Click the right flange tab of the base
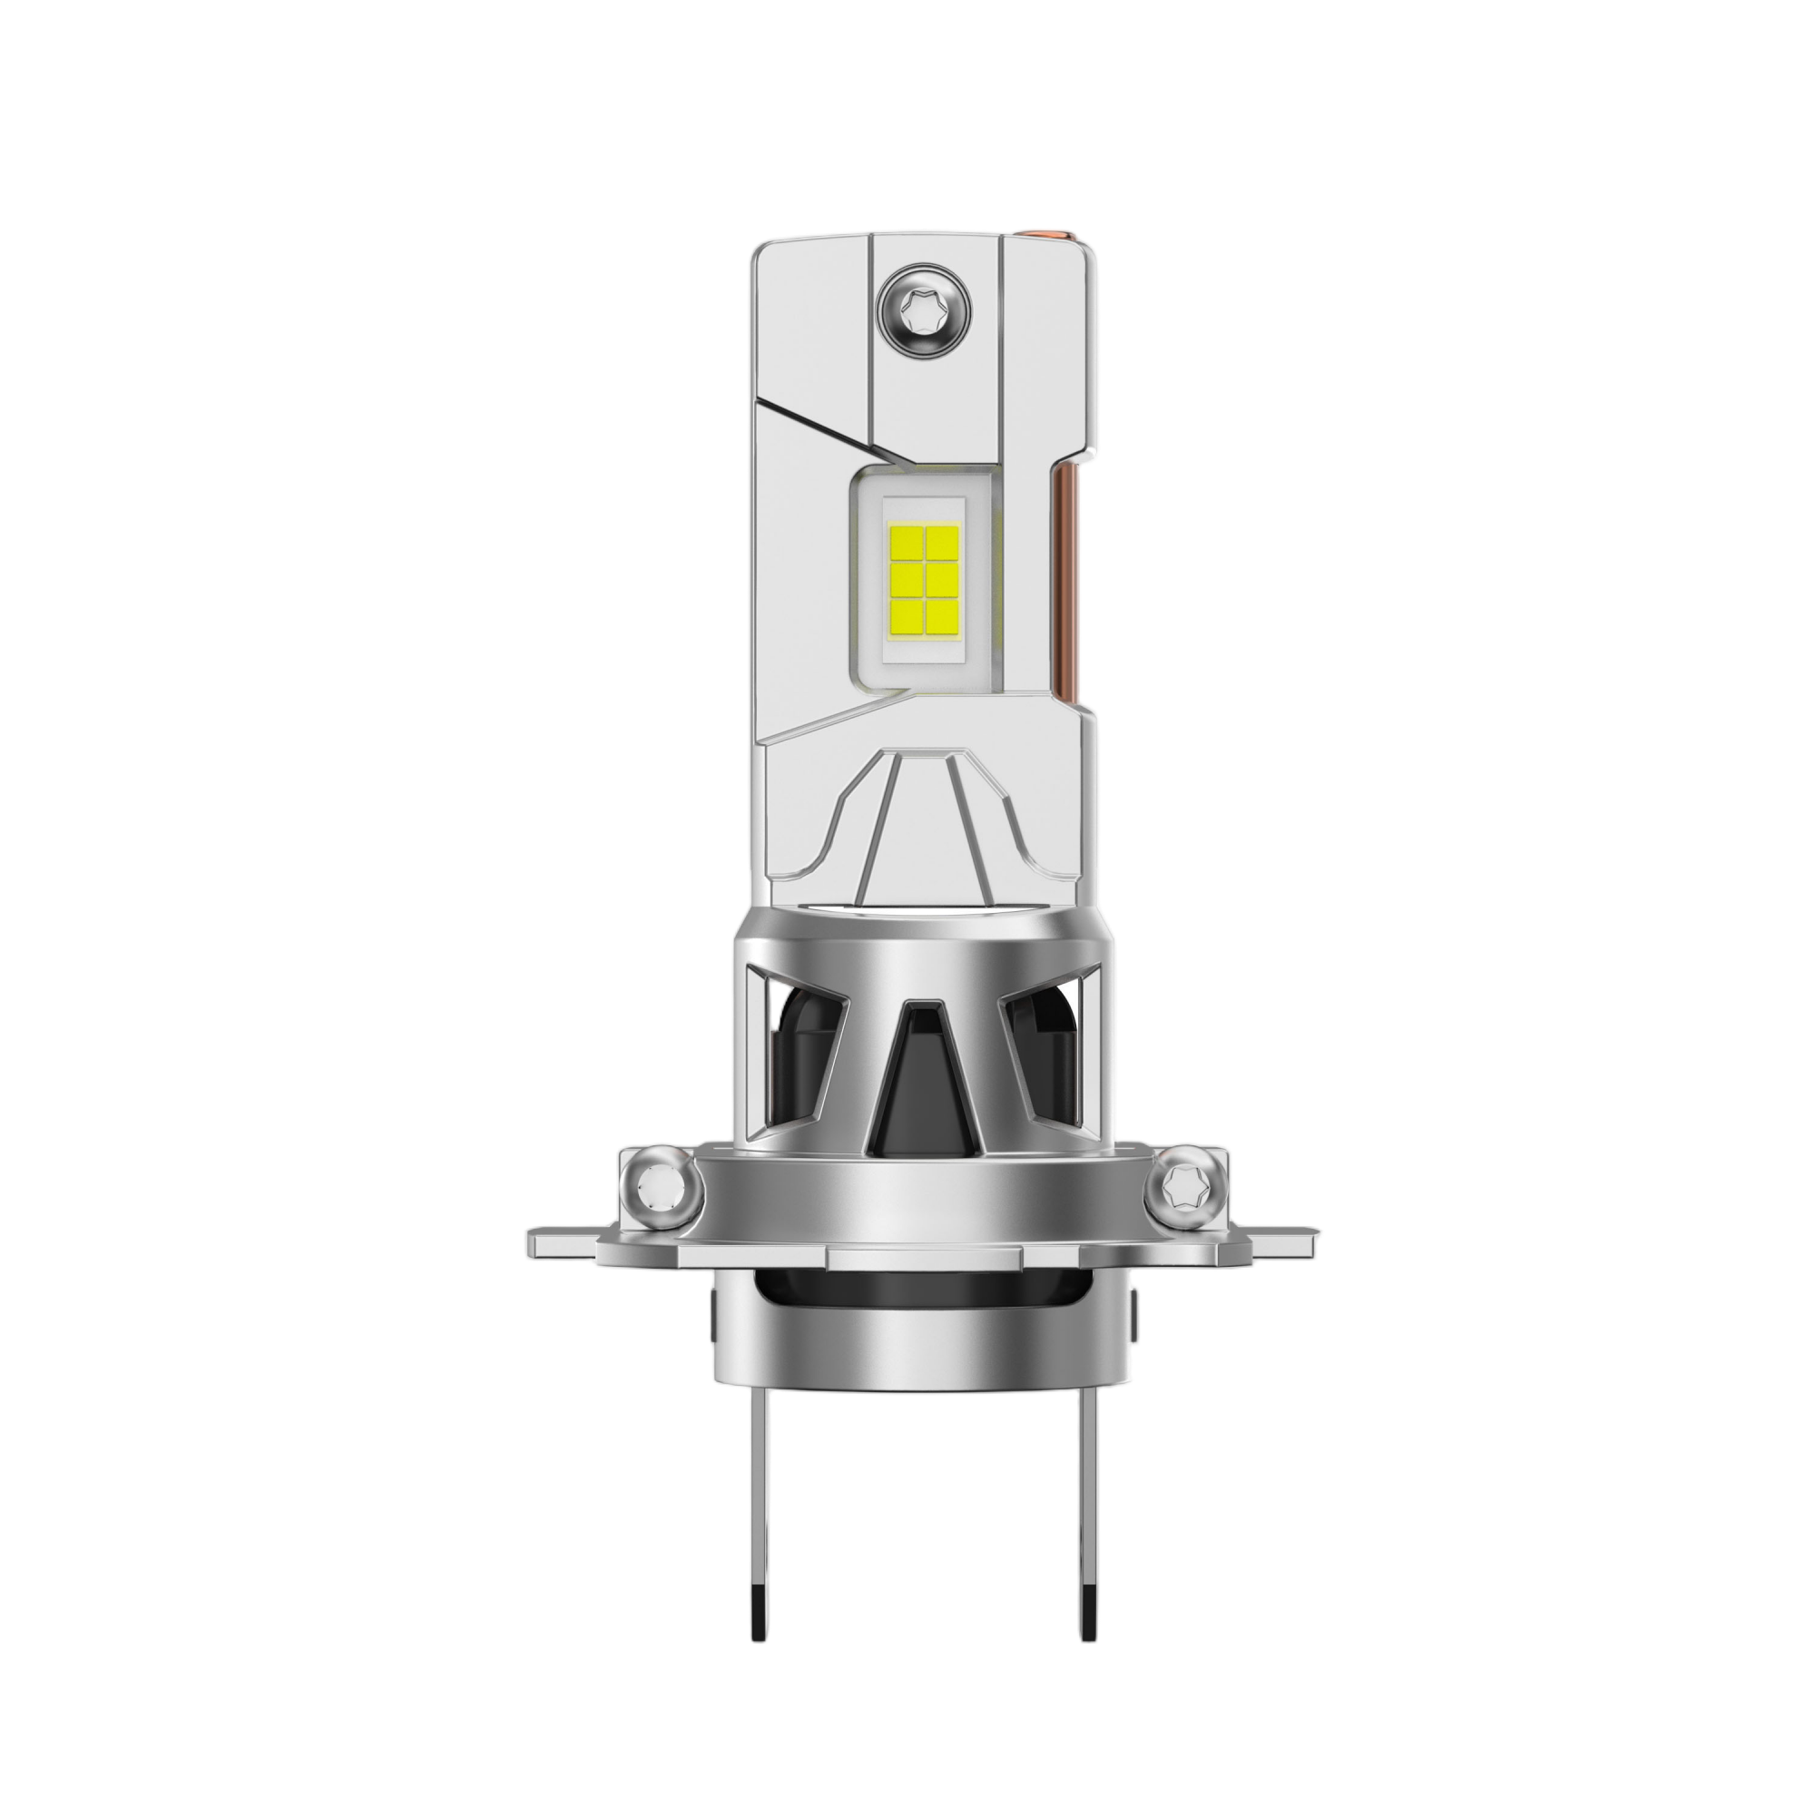coord(1282,1242)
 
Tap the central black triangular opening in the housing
coord(918,1080)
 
